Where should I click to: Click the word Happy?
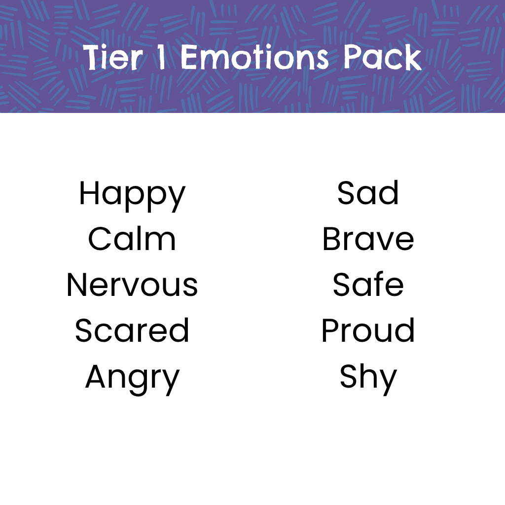click(x=132, y=194)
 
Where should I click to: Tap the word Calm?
click(x=132, y=239)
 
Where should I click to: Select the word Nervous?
click(x=132, y=285)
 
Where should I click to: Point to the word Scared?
click(x=132, y=330)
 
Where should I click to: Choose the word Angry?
click(x=132, y=378)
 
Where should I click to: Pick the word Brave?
click(x=368, y=239)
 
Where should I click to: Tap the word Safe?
click(x=368, y=285)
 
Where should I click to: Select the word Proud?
click(x=368, y=330)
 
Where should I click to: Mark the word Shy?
click(x=368, y=378)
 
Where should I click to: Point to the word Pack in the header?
click(x=382, y=58)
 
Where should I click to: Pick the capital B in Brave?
click(x=331, y=239)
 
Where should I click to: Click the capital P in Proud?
click(x=329, y=330)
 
